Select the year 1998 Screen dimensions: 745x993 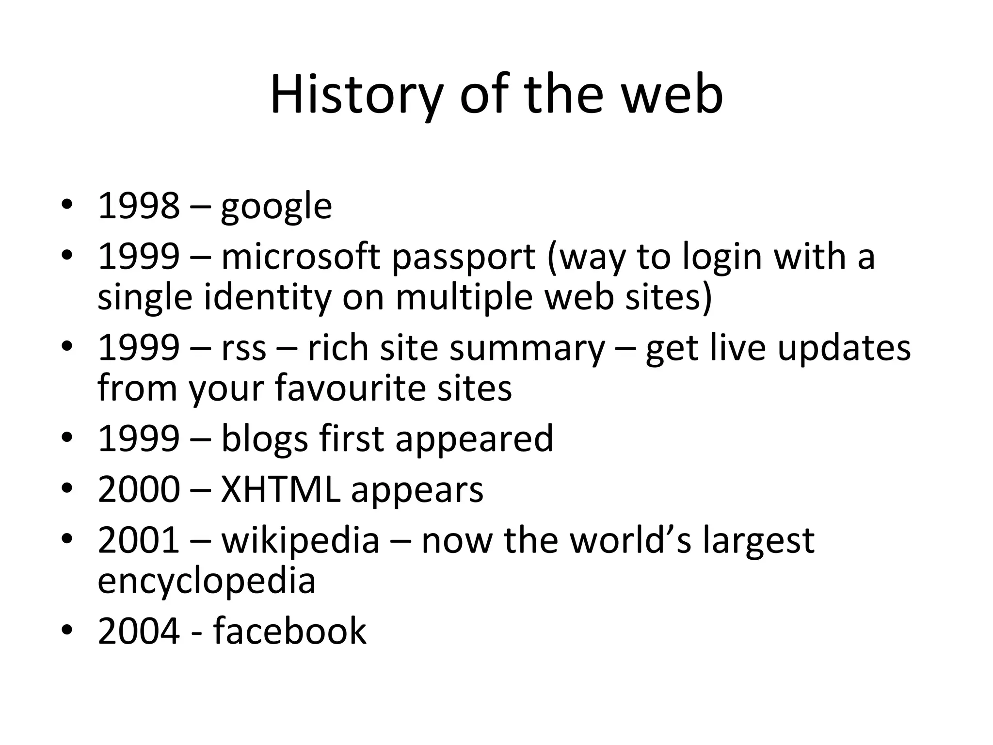pyautogui.click(x=139, y=206)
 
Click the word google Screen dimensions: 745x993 pyautogui.click(x=276, y=207)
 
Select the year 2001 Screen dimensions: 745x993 pyautogui.click(x=139, y=540)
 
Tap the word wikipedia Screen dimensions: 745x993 pyautogui.click(x=300, y=541)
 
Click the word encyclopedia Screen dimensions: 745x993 pyautogui.click(x=207, y=582)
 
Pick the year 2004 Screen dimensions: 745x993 pyautogui.click(x=139, y=631)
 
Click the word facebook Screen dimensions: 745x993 pyautogui.click(x=290, y=631)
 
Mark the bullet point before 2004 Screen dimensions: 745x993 pyautogui.click(x=67, y=631)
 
